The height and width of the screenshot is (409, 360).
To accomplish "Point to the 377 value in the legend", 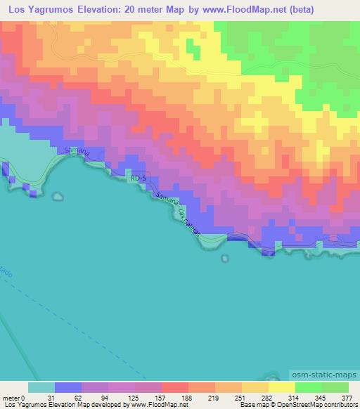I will (x=348, y=397).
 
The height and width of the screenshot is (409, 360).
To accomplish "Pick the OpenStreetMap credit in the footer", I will (x=283, y=405).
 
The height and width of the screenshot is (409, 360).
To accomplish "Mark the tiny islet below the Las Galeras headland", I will (x=224, y=258).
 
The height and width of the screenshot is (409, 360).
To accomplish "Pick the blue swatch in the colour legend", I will (x=68, y=387).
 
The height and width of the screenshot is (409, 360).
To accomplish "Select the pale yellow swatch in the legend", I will (x=281, y=387).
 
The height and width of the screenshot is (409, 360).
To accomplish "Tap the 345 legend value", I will (x=322, y=397).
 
